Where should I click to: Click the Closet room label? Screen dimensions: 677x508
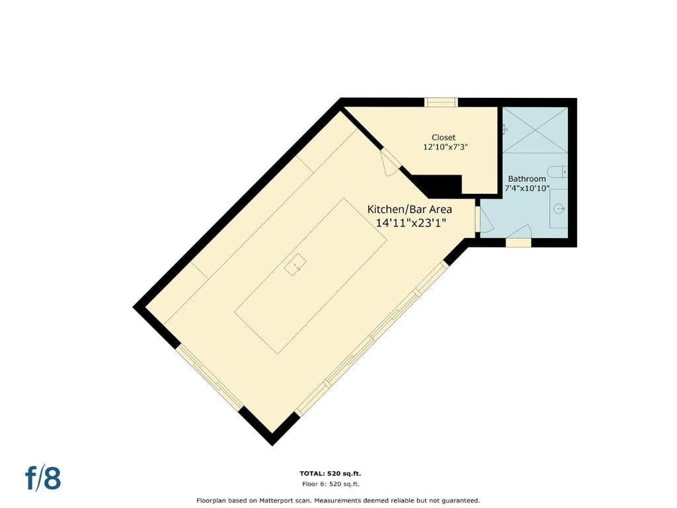(x=444, y=138)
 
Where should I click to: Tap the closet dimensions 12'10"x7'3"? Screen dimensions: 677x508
(x=445, y=147)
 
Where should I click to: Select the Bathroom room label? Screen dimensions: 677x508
(x=527, y=179)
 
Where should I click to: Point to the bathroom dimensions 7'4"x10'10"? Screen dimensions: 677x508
(x=527, y=189)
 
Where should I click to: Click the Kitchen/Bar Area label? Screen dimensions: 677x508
(x=409, y=210)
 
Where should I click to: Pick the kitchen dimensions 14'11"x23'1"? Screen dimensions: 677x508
(x=411, y=223)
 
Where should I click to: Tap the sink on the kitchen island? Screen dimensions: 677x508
(x=296, y=265)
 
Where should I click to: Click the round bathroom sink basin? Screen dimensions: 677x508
(x=559, y=209)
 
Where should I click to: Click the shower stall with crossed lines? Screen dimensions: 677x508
(x=535, y=130)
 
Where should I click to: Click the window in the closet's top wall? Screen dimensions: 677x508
(x=440, y=103)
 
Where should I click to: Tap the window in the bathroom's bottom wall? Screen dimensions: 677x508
(x=518, y=242)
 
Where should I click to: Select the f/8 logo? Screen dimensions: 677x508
(x=43, y=479)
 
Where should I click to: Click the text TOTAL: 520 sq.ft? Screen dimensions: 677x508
(x=331, y=474)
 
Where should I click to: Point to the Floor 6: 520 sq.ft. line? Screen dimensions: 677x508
(x=331, y=484)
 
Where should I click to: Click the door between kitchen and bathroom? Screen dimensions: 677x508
(x=483, y=218)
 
